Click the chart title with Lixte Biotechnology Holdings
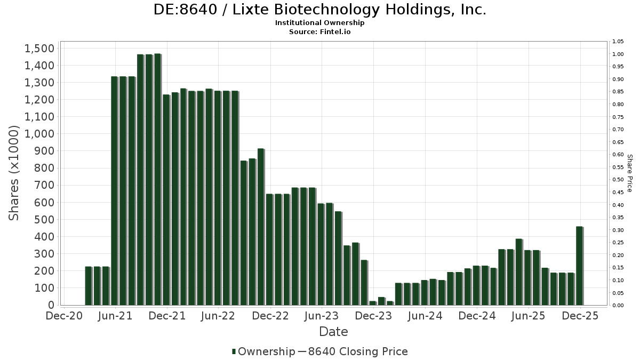319,10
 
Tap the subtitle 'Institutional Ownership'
319,23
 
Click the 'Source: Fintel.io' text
319,31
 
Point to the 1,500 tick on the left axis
39,49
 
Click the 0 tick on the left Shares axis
52,305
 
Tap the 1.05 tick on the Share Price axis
618,42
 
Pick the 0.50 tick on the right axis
618,180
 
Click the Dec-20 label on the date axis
64,316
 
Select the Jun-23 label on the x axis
322,316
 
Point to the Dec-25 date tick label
580,316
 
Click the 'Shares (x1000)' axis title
14,172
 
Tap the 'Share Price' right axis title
630,173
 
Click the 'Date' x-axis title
333,332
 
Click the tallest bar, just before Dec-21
157,179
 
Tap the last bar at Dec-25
579,266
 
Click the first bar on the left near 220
89,285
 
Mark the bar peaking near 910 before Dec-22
260,227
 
